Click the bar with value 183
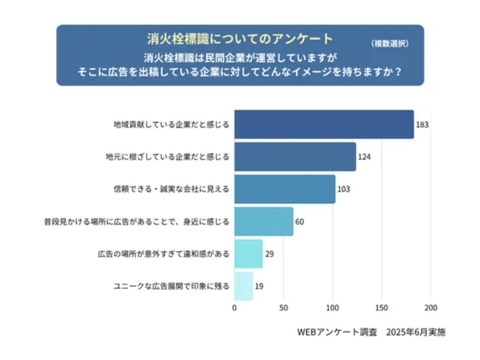point(324,124)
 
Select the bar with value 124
point(295,157)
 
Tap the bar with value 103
point(284,189)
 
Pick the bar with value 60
point(264,221)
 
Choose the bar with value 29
point(249,254)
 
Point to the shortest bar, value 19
point(244,286)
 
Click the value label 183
point(422,124)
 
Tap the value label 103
point(344,189)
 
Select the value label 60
point(300,221)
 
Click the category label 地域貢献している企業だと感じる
point(171,124)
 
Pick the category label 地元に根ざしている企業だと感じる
point(167,157)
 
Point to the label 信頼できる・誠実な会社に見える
point(171,189)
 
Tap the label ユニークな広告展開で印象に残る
point(171,286)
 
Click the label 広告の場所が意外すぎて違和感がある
point(163,254)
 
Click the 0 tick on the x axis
point(234,308)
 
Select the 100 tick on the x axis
point(332,308)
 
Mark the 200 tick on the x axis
point(431,308)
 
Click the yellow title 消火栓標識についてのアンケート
point(240,39)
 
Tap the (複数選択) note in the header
point(390,44)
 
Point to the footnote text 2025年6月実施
point(416,333)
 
